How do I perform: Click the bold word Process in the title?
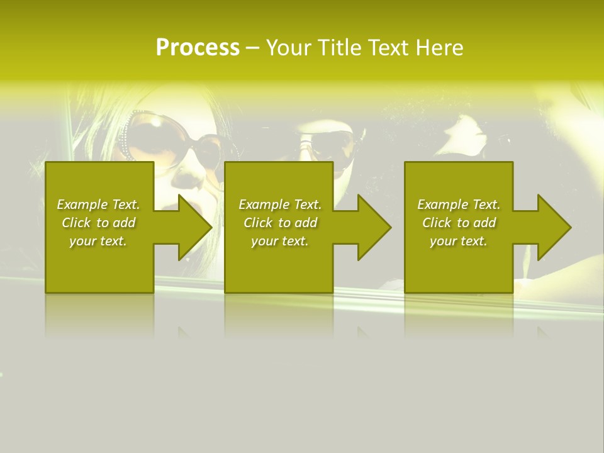[x=198, y=48]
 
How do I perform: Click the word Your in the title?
[x=288, y=48]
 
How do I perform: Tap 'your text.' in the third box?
[x=459, y=241]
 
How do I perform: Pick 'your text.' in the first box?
[x=98, y=241]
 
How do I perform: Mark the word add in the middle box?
[x=306, y=223]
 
